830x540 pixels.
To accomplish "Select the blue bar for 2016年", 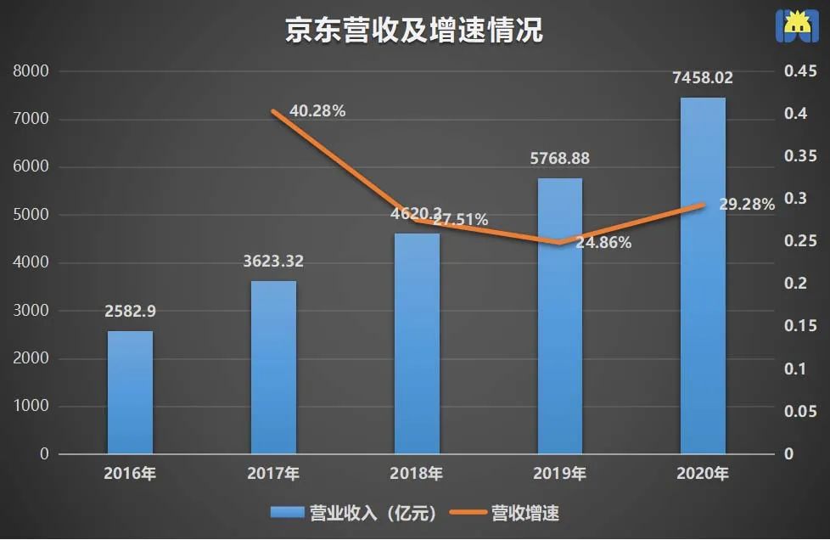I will pyautogui.click(x=130, y=392).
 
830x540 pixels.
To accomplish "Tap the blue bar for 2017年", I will pyautogui.click(x=273, y=367).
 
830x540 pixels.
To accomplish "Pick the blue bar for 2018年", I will pyautogui.click(x=417, y=343).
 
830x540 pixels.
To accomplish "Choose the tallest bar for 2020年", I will pyautogui.click(x=703, y=276).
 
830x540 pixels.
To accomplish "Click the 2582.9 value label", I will pyautogui.click(x=130, y=312).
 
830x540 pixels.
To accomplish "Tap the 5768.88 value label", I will pyautogui.click(x=559, y=159).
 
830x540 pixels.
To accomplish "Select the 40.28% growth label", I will pyautogui.click(x=317, y=110).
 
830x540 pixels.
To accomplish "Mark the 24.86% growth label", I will pyautogui.click(x=603, y=243).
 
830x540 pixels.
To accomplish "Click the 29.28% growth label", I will pyautogui.click(x=746, y=205).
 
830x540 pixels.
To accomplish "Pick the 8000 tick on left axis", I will pyautogui.click(x=31, y=72).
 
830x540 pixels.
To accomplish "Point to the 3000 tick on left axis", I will pyautogui.click(x=31, y=311).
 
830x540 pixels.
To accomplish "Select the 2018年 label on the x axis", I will pyautogui.click(x=417, y=474).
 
